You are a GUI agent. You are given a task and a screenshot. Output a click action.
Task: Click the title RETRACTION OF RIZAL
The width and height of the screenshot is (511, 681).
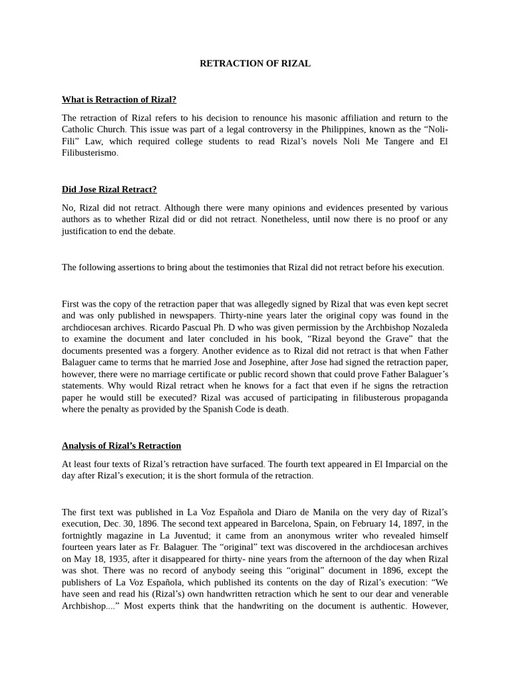point(255,64)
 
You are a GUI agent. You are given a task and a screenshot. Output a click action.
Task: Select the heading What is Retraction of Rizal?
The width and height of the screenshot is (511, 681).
point(119,100)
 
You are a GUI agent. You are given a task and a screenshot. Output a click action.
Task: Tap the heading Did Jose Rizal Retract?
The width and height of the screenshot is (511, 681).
point(109,190)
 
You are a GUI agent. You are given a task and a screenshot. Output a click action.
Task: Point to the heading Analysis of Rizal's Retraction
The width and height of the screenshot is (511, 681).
point(121,446)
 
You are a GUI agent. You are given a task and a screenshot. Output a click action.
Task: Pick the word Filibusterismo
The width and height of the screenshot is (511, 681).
point(89,153)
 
